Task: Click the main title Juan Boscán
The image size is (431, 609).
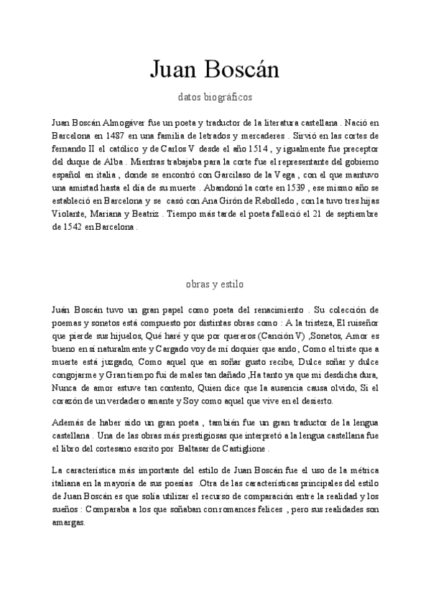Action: (215, 70)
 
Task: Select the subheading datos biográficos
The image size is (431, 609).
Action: (215, 96)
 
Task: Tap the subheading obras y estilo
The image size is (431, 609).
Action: (215, 283)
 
